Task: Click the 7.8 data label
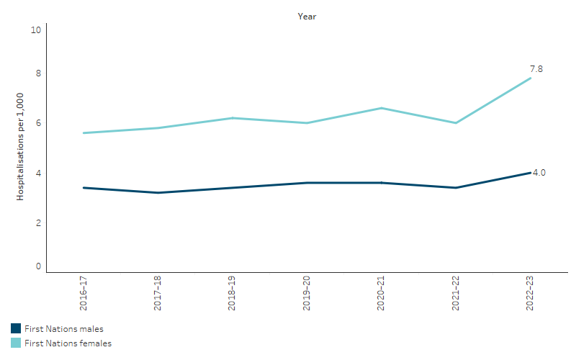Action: coord(536,69)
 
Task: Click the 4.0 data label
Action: coord(539,173)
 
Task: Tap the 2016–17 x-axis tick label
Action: coord(83,292)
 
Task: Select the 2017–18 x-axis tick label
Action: coord(157,292)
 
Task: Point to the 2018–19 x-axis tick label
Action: coord(232,292)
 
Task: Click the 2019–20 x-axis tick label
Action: coord(307,292)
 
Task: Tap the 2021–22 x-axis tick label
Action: coord(456,292)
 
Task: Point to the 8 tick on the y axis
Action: coord(38,73)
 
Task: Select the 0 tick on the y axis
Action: coord(38,266)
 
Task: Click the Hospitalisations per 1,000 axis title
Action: coord(20,148)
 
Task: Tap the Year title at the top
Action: coord(307,17)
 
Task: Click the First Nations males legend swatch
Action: coord(16,329)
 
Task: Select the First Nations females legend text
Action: coord(68,343)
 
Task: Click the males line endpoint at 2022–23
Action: coord(531,173)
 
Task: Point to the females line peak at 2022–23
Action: coord(531,78)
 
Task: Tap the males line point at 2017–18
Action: coord(157,192)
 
